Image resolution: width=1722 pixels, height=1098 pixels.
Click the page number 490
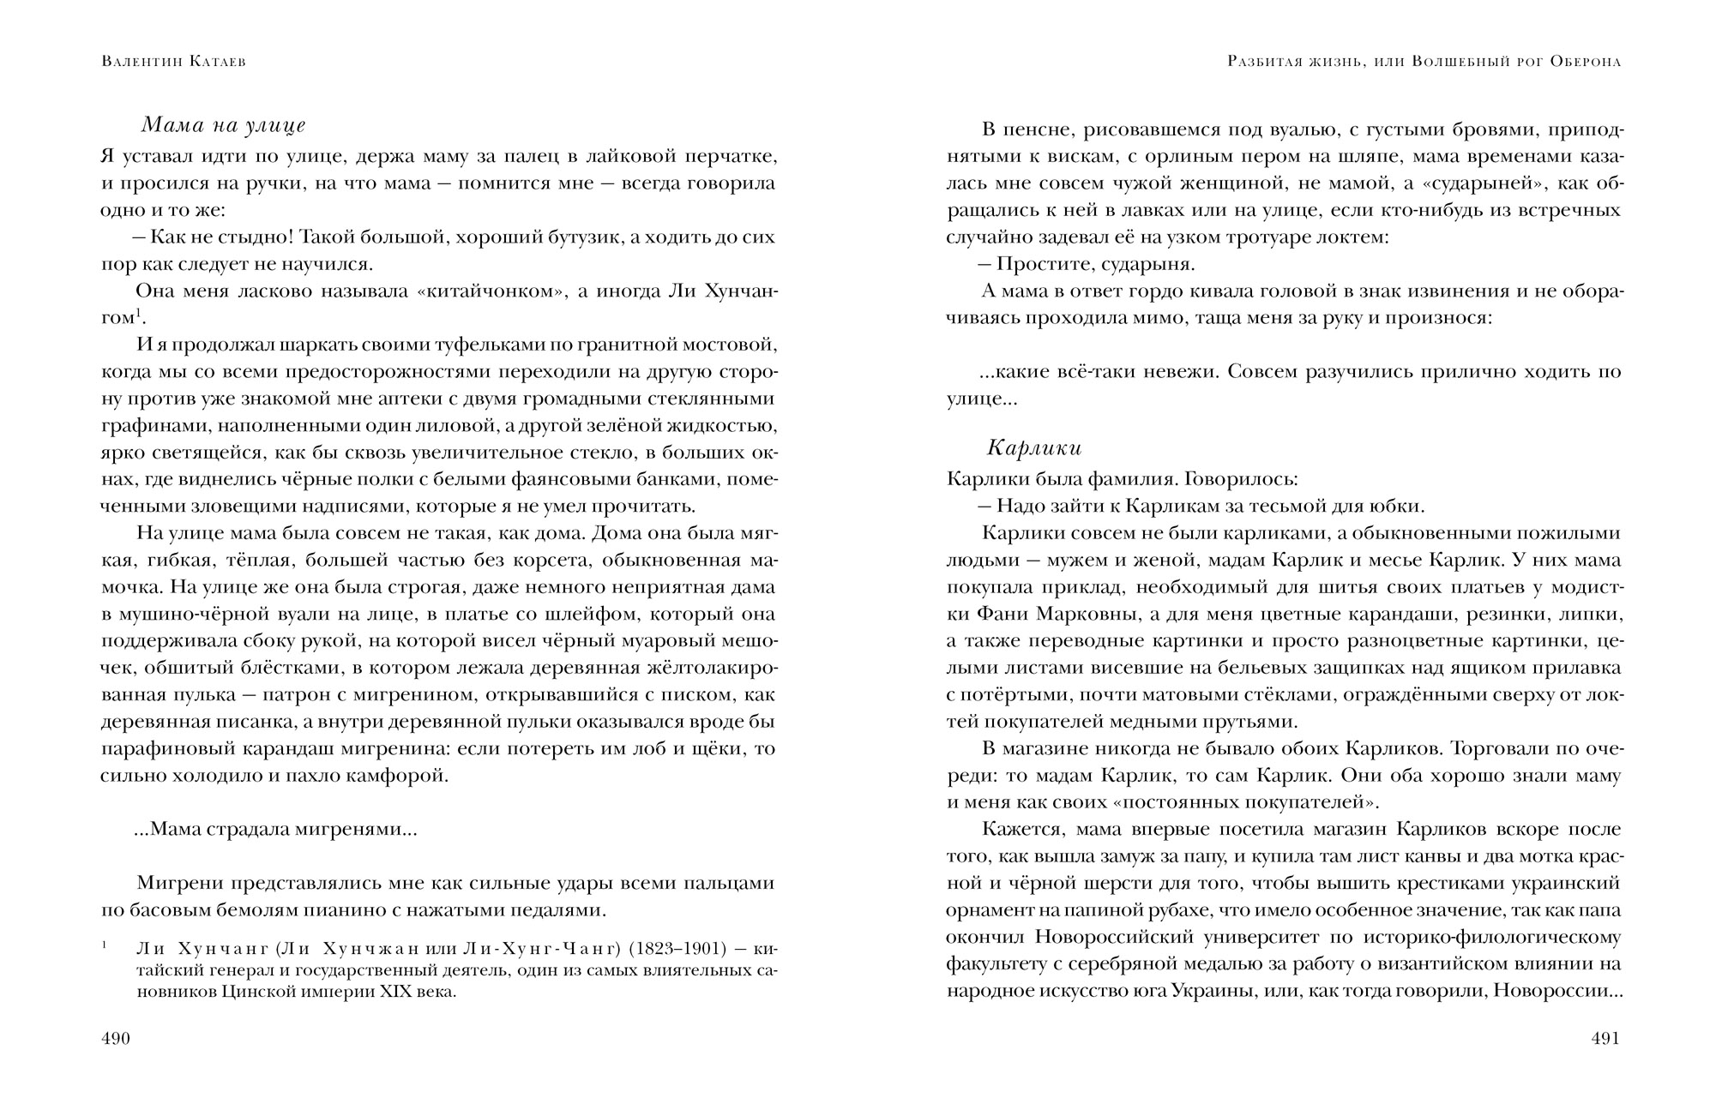click(x=115, y=1039)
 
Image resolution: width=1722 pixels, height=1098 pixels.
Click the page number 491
click(x=1605, y=1039)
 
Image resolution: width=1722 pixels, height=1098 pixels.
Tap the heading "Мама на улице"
click(x=223, y=126)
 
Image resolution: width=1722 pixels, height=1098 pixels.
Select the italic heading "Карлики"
click(x=1034, y=447)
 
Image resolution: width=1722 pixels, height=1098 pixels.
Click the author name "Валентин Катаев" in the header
click(x=173, y=63)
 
